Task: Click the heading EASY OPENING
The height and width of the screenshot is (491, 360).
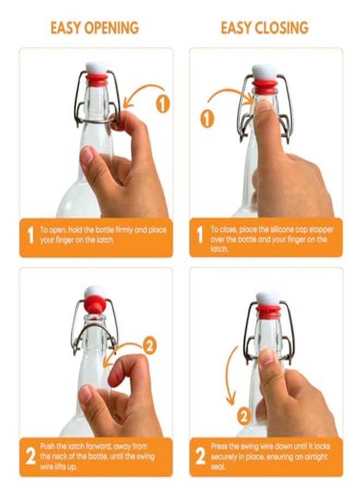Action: click(x=94, y=28)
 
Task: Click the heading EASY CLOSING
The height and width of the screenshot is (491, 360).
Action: click(x=265, y=28)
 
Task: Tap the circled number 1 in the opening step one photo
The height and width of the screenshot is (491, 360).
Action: click(x=163, y=104)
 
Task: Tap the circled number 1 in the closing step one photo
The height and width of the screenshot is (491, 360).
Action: click(x=207, y=119)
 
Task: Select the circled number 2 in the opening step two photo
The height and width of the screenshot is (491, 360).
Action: click(x=149, y=346)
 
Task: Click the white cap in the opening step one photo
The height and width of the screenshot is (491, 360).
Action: click(x=96, y=68)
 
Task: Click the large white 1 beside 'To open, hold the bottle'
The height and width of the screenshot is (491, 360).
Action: click(x=31, y=235)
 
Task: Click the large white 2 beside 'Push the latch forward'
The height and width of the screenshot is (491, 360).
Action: click(x=31, y=457)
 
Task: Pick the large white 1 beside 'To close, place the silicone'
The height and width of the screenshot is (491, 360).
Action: click(x=200, y=235)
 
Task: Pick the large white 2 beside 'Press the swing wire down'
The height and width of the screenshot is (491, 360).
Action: click(x=201, y=457)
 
